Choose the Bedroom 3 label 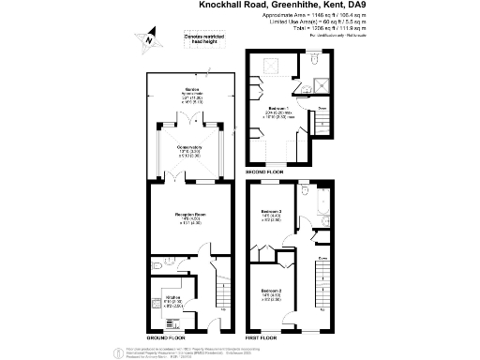[274, 217]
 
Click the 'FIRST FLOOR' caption [267, 336]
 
